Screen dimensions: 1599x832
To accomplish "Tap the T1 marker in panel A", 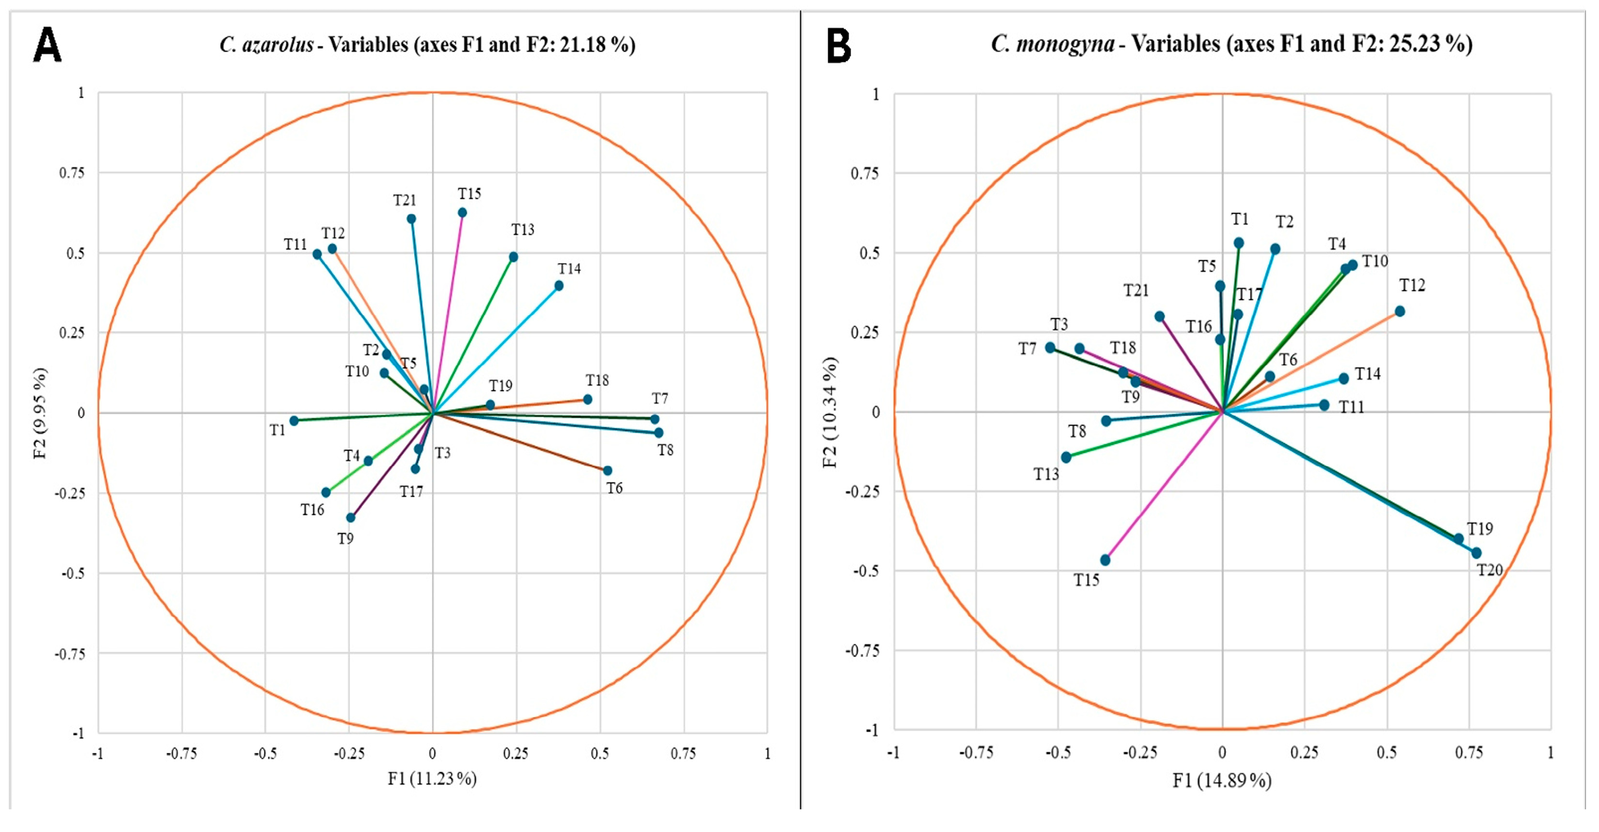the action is pos(294,421).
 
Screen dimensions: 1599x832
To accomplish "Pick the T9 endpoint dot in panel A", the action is pos(351,517).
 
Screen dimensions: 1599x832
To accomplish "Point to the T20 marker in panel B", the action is pos(1477,553).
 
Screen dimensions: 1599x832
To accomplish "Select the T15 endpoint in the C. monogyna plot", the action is pos(1105,560).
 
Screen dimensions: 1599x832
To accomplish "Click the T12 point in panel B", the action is pos(1400,311).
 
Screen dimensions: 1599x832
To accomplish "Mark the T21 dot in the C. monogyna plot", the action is pos(1160,317).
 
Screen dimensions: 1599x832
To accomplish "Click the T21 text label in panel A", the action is pos(405,200).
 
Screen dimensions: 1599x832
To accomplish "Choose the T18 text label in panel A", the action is pos(597,380).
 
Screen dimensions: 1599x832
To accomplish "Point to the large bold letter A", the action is pos(47,45).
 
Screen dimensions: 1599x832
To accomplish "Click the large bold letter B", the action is pos(838,46).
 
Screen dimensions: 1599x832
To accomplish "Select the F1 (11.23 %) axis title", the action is pos(433,778).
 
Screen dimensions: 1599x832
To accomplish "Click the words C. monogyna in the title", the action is pos(1053,44).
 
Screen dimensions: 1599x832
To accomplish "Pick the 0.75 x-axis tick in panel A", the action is pos(683,754).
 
